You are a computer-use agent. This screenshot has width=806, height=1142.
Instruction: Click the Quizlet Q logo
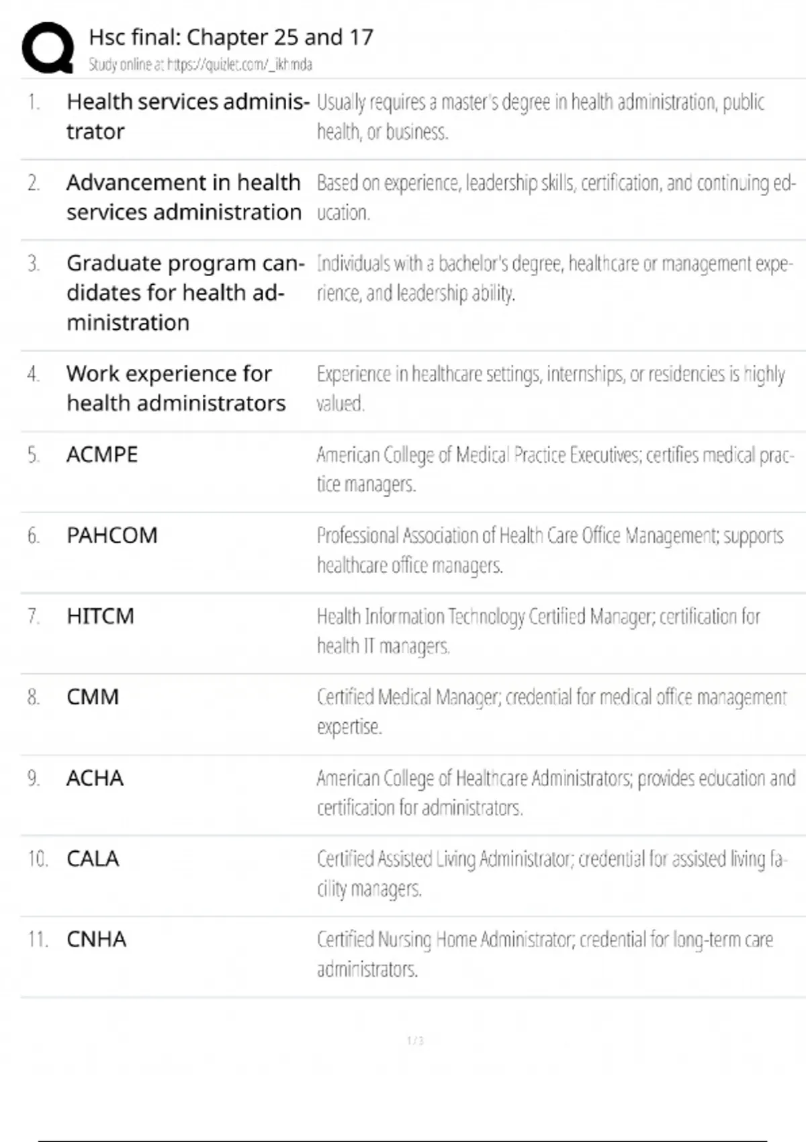[x=48, y=47]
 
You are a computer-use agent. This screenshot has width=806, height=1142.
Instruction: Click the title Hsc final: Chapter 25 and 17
[x=230, y=38]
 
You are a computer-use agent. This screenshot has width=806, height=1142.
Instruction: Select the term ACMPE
[x=102, y=455]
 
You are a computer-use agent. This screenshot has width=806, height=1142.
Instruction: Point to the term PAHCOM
[x=112, y=535]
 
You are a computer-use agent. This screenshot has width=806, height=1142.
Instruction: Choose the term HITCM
[x=101, y=616]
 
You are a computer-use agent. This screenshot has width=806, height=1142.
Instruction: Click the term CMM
[x=93, y=697]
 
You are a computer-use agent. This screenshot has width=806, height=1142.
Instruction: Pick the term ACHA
[x=95, y=778]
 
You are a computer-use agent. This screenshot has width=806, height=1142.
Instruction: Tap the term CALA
[x=93, y=859]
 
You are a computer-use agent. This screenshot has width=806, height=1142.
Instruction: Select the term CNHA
[x=96, y=939]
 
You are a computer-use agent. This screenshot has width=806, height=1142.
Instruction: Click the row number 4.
[x=33, y=374]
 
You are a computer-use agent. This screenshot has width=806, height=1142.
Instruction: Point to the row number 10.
[x=38, y=859]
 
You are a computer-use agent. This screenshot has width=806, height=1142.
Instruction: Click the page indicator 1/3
[x=415, y=1041]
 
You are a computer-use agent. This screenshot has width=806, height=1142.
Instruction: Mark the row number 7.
[x=33, y=616]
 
